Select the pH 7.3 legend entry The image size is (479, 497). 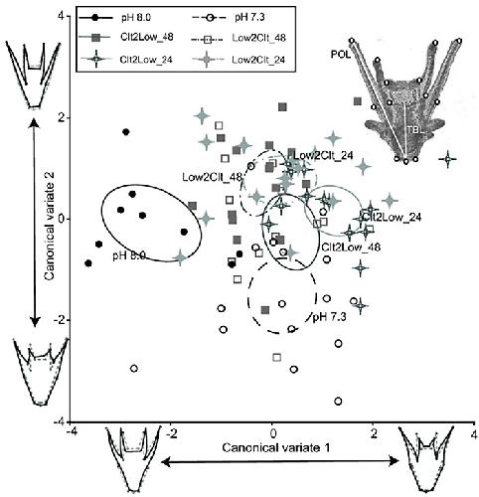(229, 18)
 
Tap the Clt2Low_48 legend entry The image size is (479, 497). (127, 38)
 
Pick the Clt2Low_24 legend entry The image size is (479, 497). (127, 60)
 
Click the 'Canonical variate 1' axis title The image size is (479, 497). (276, 448)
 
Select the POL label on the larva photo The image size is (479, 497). (340, 55)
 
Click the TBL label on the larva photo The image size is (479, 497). (415, 130)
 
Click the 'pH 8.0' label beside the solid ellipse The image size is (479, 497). (129, 255)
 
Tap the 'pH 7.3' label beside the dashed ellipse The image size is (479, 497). (329, 317)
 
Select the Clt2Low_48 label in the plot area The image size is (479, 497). (351, 247)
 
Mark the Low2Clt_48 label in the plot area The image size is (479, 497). (212, 177)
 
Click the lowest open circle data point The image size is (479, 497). (338, 402)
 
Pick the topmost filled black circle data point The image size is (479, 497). (125, 132)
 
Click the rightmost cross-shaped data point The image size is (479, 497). (448, 159)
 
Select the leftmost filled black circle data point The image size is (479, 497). (88, 263)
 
